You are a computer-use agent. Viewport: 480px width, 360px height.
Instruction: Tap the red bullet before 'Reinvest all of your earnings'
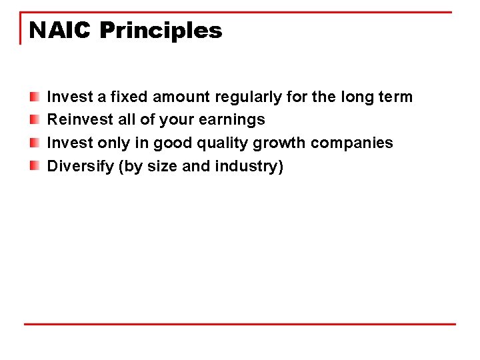pos(34,120)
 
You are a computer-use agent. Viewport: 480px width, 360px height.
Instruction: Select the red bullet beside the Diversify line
pos(34,166)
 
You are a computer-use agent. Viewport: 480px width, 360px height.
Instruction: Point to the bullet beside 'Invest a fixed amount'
pos(34,97)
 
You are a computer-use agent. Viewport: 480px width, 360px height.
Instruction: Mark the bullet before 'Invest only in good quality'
pos(34,143)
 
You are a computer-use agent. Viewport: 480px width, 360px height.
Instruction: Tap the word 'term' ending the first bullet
pos(395,97)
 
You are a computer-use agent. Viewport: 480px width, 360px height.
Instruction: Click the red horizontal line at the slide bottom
pos(240,325)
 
